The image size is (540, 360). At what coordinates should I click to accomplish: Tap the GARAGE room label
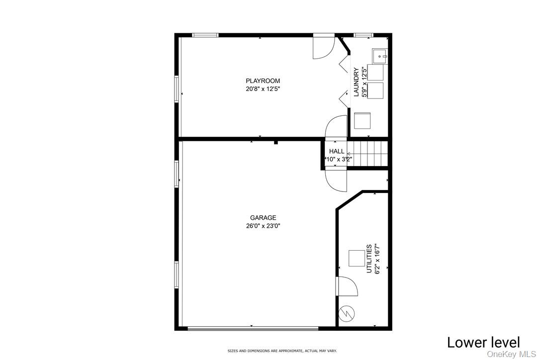click(x=263, y=218)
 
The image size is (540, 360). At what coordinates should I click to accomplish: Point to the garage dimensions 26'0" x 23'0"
click(x=263, y=226)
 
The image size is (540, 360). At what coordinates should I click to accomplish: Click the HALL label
click(x=337, y=152)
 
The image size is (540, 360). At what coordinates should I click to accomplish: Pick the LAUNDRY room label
click(x=356, y=82)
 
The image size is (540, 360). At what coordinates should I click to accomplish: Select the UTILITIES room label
click(x=369, y=259)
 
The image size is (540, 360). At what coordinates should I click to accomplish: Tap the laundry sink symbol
click(x=380, y=56)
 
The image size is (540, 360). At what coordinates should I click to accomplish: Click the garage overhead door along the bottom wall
click(x=253, y=328)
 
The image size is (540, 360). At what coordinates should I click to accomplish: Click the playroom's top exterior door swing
click(x=323, y=48)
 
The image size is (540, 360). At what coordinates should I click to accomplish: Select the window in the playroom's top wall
click(x=205, y=35)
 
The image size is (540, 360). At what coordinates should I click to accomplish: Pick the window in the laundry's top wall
click(x=363, y=35)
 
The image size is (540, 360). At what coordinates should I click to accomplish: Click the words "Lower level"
click(x=483, y=343)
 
